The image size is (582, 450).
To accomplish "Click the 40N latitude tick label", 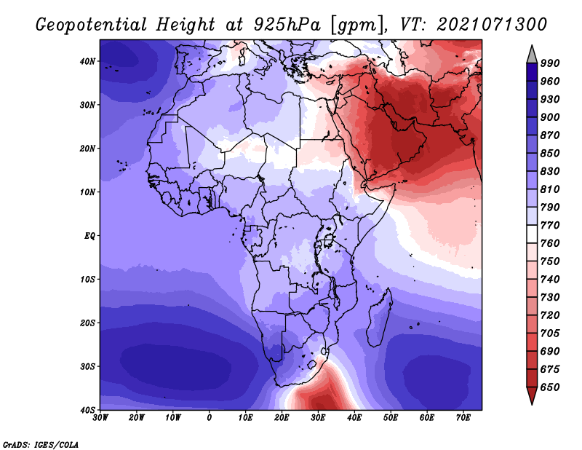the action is [x=87, y=61].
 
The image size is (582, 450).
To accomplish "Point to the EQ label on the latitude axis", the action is [x=89, y=236].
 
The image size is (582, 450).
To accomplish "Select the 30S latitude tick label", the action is [x=87, y=367].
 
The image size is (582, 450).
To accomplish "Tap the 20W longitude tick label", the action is [x=137, y=418].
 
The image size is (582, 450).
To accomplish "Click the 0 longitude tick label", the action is [x=210, y=418].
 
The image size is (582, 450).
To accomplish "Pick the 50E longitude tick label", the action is [x=391, y=418].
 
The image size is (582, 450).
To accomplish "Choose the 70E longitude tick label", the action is [x=463, y=418].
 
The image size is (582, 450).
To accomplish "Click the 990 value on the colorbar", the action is [x=550, y=63].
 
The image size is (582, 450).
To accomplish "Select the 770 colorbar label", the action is [x=550, y=226].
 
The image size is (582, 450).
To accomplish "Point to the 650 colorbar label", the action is [x=550, y=387].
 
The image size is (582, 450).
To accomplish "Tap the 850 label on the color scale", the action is [x=550, y=154].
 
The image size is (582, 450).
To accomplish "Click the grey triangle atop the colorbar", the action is [x=532, y=55].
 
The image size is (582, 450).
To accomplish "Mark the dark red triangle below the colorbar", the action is [x=532, y=395].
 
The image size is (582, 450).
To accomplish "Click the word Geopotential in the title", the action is [x=92, y=25].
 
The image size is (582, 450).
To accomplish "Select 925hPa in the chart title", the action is [x=287, y=25].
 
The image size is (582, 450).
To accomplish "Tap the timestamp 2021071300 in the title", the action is [x=492, y=25].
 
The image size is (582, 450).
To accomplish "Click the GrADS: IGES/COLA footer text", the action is [x=41, y=445].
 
